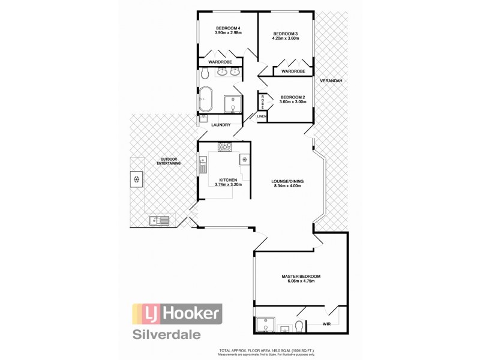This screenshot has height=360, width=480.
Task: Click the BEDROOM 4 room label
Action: click(227, 28)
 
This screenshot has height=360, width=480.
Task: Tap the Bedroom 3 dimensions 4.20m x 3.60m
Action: click(286, 38)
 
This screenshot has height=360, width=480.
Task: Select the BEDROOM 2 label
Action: click(293, 97)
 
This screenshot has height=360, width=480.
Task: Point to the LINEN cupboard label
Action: click(262, 116)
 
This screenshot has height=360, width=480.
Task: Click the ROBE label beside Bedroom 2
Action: click(263, 100)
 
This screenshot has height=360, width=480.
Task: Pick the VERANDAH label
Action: click(331, 80)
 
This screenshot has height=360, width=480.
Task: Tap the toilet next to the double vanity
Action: click(205, 73)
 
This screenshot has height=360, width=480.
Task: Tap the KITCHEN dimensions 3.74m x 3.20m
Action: click(228, 185)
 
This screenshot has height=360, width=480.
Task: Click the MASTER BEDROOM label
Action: click(301, 277)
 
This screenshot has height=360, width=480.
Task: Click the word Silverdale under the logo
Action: click(167, 334)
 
